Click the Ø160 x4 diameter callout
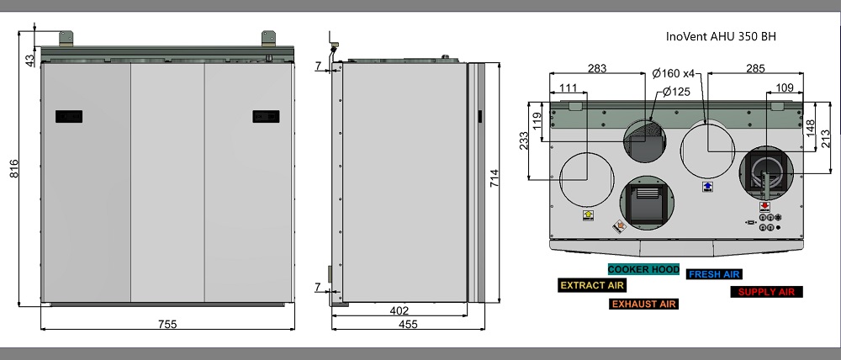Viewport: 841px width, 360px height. pyautogui.click(x=674, y=74)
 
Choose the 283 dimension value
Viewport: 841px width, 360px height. pyautogui.click(x=597, y=68)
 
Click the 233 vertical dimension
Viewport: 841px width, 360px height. pyautogui.click(x=523, y=139)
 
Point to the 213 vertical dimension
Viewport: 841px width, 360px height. pyautogui.click(x=828, y=134)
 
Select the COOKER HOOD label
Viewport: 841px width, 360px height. pyautogui.click(x=643, y=269)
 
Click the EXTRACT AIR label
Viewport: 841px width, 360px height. pyautogui.click(x=591, y=285)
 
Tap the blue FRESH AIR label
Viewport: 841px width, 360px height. pyautogui.click(x=714, y=274)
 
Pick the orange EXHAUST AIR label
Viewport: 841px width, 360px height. pyautogui.click(x=643, y=304)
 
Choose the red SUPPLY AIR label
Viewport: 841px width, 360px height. pyautogui.click(x=766, y=292)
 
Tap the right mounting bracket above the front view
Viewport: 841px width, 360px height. pyautogui.click(x=269, y=38)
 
